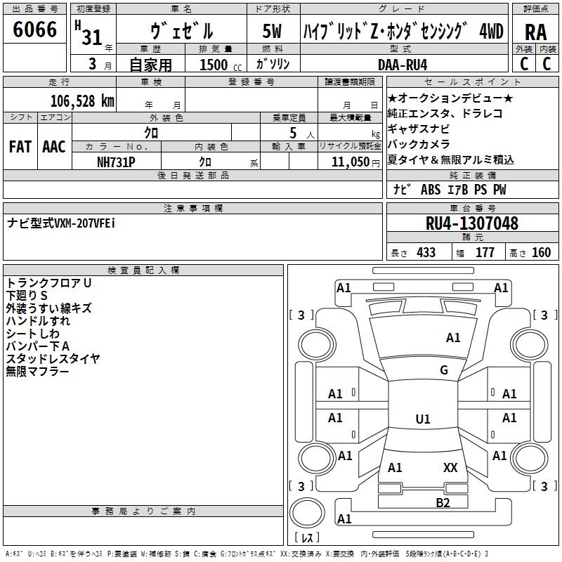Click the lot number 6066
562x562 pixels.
pyautogui.click(x=34, y=30)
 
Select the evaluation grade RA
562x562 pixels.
pyautogui.click(x=535, y=32)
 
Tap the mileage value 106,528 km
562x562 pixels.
pyautogui.click(x=82, y=101)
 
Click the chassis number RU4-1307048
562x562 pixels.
pyautogui.click(x=472, y=223)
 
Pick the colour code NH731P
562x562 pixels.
pyautogui.click(x=116, y=162)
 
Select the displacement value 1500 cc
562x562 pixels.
pyautogui.click(x=214, y=65)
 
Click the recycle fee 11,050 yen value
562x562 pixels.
pyautogui.click(x=350, y=162)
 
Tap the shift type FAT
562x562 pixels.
pyautogui.click(x=20, y=147)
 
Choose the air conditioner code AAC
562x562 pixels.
pyautogui.click(x=54, y=147)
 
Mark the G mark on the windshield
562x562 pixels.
pyautogui.click(x=443, y=370)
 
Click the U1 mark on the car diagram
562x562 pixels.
pyautogui.click(x=422, y=419)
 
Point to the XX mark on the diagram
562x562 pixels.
pyautogui.click(x=450, y=467)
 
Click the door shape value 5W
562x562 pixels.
pyautogui.click(x=272, y=32)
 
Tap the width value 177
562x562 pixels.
pyautogui.click(x=485, y=252)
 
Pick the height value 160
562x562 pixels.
pyautogui.click(x=541, y=252)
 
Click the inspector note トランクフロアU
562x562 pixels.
pyautogui.click(x=49, y=283)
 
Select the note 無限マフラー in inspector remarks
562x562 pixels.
pyautogui.click(x=37, y=371)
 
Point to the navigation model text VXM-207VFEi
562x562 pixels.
pyautogui.click(x=84, y=223)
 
